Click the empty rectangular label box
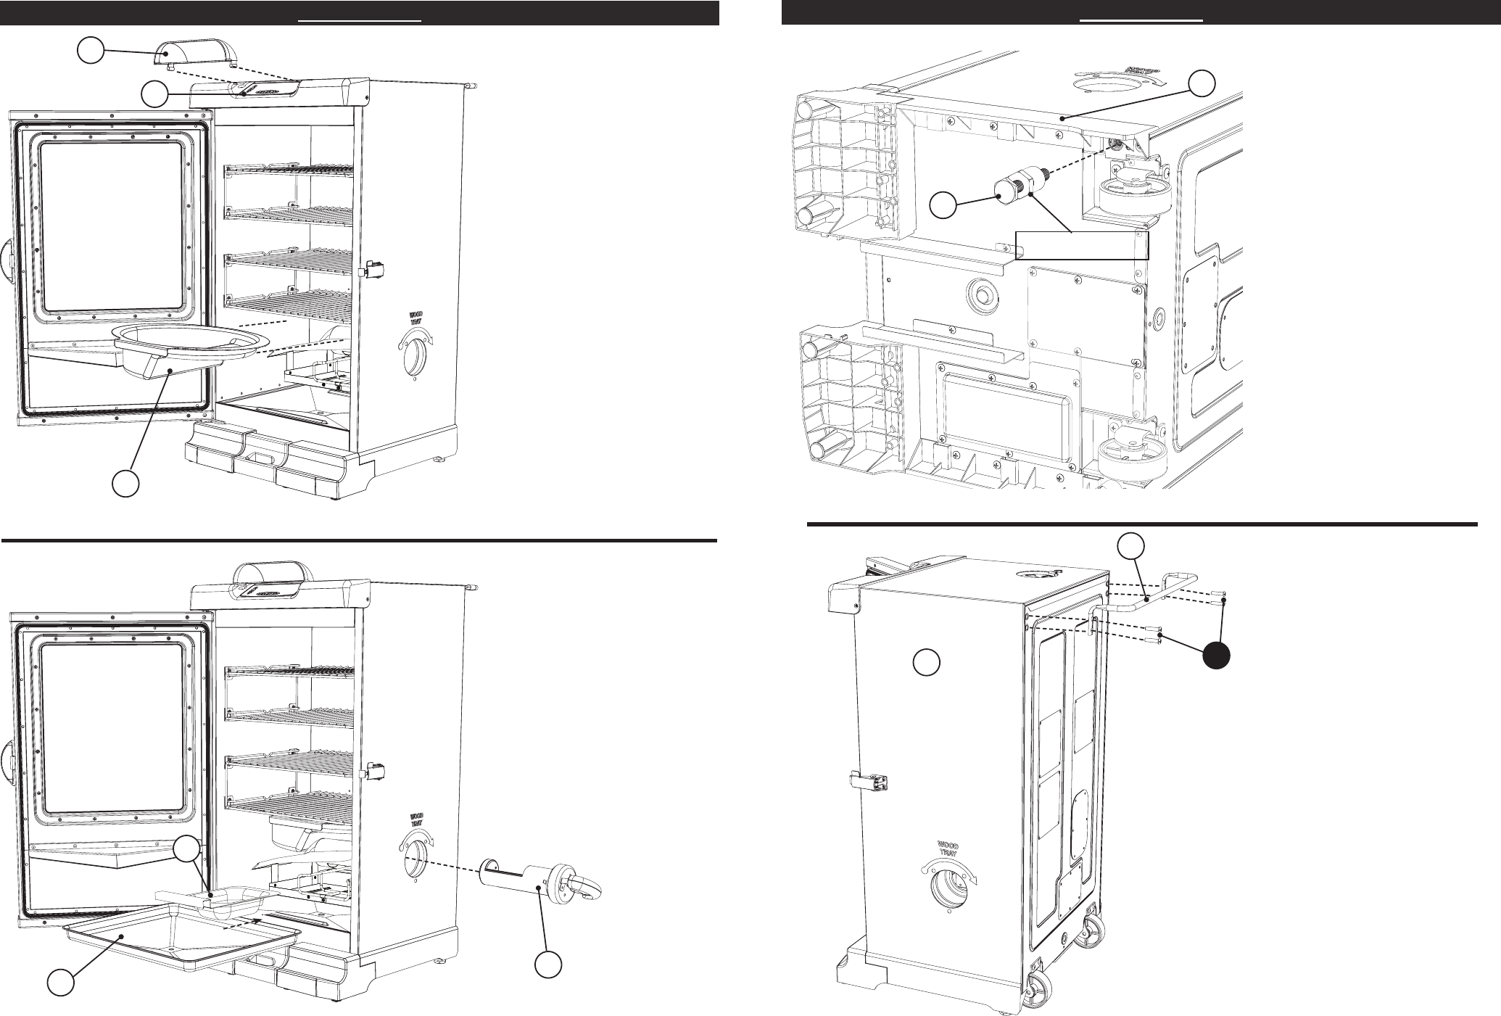tap(1081, 245)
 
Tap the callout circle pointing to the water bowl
tap(125, 484)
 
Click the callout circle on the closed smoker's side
tap(927, 662)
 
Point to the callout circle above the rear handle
tap(1132, 546)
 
